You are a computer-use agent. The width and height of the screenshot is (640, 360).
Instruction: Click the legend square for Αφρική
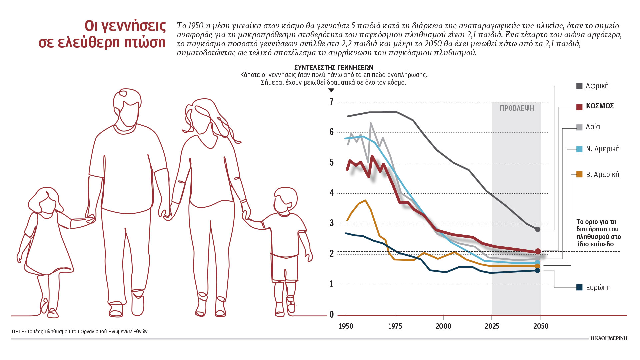[579, 86]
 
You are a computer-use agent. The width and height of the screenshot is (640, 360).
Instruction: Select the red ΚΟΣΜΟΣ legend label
[600, 106]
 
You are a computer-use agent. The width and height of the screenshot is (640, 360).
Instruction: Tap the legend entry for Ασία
[593, 127]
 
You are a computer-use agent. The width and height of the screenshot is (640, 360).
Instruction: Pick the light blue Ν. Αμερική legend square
[579, 149]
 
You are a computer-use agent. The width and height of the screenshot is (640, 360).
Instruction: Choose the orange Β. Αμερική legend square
[579, 174]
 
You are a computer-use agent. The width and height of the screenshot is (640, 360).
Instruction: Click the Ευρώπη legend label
[598, 287]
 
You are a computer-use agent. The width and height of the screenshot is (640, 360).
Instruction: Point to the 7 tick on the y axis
[332, 102]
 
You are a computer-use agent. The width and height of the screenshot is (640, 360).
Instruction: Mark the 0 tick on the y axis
[332, 314]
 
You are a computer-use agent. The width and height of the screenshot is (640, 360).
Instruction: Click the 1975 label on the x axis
[395, 326]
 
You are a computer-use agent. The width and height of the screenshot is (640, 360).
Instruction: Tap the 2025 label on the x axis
[492, 326]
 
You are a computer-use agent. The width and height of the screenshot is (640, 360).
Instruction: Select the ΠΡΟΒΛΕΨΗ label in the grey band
[517, 108]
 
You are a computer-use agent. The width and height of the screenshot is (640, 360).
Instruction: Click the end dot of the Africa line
[537, 229]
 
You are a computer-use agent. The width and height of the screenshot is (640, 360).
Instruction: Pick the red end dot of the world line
[537, 251]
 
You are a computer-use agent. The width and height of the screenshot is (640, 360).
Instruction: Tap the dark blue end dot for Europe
[537, 270]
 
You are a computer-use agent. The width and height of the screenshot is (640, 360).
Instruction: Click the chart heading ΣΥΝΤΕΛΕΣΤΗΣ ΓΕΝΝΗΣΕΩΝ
[334, 67]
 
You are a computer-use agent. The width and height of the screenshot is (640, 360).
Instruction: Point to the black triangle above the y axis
[331, 90]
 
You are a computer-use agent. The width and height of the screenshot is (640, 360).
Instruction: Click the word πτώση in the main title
[144, 43]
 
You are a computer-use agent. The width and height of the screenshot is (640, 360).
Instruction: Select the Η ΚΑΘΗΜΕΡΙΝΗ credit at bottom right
[609, 338]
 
